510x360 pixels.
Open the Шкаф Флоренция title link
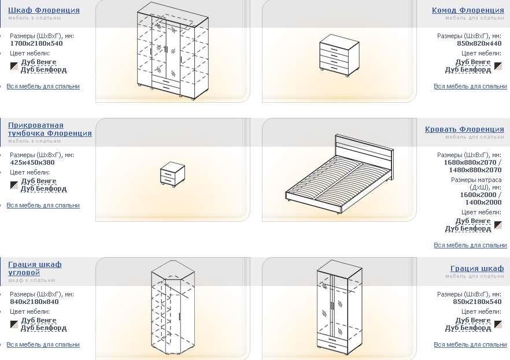[x=44, y=10]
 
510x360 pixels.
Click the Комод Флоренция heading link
[x=468, y=10]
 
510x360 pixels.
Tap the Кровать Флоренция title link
[x=464, y=129]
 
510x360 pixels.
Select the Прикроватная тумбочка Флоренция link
[x=50, y=129]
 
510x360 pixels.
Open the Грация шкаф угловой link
[x=35, y=268]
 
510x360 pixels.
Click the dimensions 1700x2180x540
[x=36, y=43]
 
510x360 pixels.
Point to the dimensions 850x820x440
[x=479, y=43]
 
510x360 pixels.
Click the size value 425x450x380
[x=32, y=162]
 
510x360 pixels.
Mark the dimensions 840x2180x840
[x=34, y=302]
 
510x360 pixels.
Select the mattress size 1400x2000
[x=483, y=202]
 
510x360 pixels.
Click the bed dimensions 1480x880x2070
[x=475, y=170]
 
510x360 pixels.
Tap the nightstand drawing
[x=172, y=175]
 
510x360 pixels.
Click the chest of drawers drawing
[x=339, y=55]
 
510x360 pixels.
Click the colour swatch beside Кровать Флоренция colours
[x=498, y=225]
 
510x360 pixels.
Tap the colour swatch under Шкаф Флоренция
[x=14, y=66]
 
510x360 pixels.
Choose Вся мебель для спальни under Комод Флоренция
[x=470, y=87]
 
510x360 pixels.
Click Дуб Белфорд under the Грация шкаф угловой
[x=43, y=328]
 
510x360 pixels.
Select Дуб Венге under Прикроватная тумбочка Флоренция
[x=39, y=181]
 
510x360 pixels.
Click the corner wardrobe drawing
[x=173, y=307]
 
